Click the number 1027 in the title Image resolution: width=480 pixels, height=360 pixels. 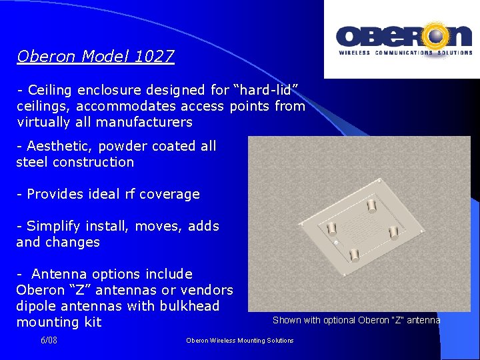click(x=153, y=56)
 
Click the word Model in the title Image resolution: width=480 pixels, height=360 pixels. click(x=106, y=56)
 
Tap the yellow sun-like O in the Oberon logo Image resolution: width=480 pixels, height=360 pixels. click(x=437, y=36)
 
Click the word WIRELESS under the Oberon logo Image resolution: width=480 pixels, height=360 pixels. click(x=355, y=53)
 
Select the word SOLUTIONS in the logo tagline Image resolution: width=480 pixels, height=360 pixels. click(x=455, y=53)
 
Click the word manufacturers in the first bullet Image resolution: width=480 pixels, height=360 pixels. click(x=144, y=122)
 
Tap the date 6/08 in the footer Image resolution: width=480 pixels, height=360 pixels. click(x=49, y=340)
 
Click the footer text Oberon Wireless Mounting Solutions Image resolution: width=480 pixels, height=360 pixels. click(x=239, y=341)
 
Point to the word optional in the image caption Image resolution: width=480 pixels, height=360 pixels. click(x=340, y=320)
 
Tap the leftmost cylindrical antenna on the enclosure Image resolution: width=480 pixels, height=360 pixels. click(x=331, y=227)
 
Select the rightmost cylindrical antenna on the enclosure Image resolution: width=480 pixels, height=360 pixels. click(x=393, y=233)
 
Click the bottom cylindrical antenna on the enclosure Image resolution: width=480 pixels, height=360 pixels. click(x=355, y=254)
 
